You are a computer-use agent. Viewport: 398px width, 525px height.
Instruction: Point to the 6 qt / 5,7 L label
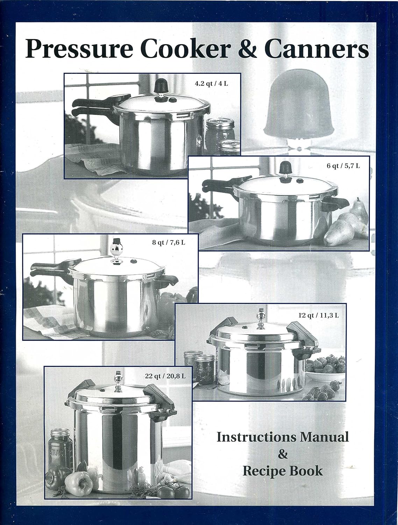click(343, 166)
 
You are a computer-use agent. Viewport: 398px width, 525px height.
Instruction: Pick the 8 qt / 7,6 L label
click(169, 242)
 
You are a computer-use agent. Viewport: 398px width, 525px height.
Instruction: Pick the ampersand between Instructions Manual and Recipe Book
click(283, 454)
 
